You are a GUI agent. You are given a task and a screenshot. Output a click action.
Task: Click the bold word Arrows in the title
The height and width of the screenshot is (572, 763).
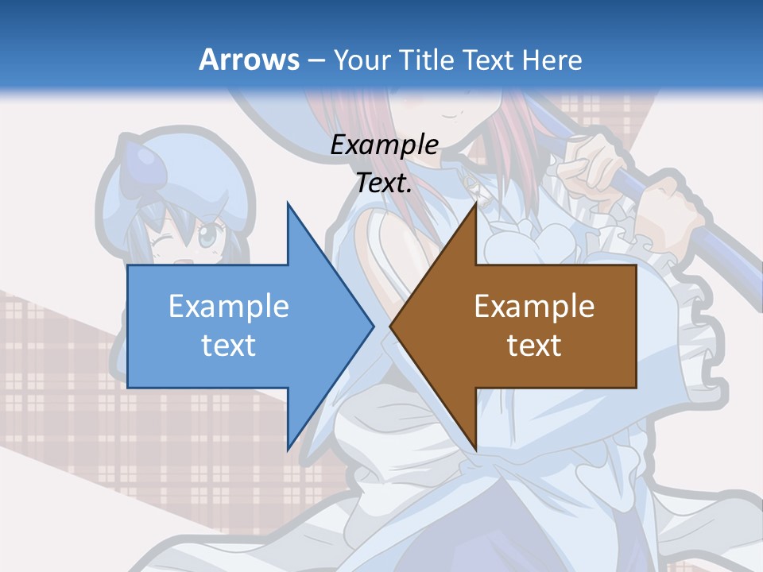tap(249, 60)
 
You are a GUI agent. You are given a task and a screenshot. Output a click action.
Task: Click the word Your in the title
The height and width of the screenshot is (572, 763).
tap(364, 60)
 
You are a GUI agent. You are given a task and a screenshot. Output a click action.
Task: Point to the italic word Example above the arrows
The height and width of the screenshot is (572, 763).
tap(384, 145)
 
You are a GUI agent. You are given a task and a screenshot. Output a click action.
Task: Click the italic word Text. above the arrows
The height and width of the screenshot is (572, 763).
tap(384, 184)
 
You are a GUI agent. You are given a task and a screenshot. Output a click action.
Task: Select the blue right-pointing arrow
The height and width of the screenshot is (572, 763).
tap(238, 326)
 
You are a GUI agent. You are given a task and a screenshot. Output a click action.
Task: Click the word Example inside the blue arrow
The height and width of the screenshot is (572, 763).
tap(228, 306)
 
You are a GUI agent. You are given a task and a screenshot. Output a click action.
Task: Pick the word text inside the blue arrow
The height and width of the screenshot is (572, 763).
tap(228, 346)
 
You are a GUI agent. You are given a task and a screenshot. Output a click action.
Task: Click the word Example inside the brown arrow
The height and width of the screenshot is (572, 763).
tap(534, 306)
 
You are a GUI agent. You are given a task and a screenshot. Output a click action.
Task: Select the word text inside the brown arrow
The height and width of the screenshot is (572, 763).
tap(534, 346)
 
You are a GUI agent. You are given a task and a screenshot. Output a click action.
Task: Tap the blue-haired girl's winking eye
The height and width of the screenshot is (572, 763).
tap(164, 241)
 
